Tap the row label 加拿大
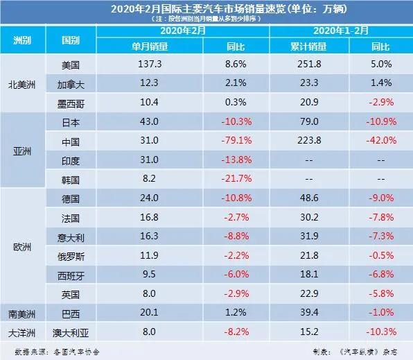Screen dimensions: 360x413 (x=72, y=83)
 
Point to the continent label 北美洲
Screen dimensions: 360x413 (x=24, y=83)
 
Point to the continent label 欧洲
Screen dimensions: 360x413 (x=24, y=246)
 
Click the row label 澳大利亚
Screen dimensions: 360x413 (x=72, y=332)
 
